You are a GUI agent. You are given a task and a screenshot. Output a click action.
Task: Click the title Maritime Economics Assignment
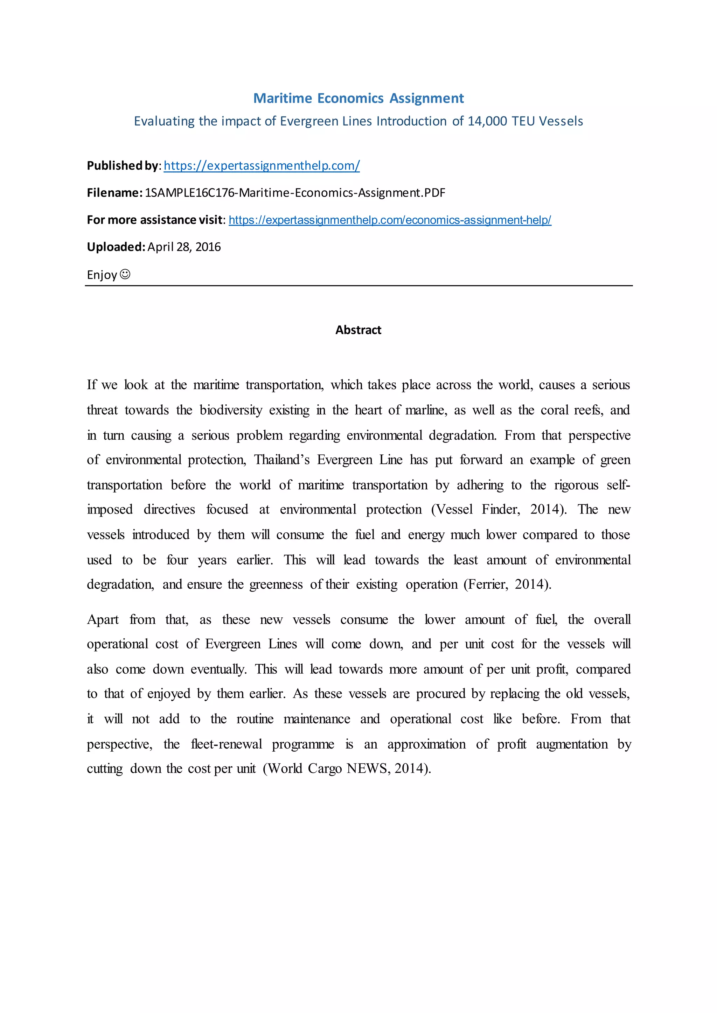tap(358, 98)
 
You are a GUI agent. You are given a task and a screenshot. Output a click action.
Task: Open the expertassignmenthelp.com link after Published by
tap(262, 165)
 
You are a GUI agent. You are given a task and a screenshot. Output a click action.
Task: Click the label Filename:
tap(114, 193)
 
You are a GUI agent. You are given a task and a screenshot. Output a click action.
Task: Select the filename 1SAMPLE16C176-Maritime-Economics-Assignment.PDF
tap(295, 193)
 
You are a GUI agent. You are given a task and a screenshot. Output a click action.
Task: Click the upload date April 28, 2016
tap(184, 247)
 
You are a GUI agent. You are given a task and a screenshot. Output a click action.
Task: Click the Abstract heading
tap(358, 330)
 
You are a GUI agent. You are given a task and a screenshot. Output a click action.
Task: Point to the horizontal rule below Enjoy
tap(358, 286)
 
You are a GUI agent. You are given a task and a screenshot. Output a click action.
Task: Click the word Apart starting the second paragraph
tap(103, 619)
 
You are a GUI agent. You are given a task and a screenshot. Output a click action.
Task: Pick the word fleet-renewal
tap(227, 744)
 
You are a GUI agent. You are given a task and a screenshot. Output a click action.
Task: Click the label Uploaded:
tap(116, 247)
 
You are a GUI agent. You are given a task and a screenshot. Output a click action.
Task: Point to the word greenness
tap(276, 584)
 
